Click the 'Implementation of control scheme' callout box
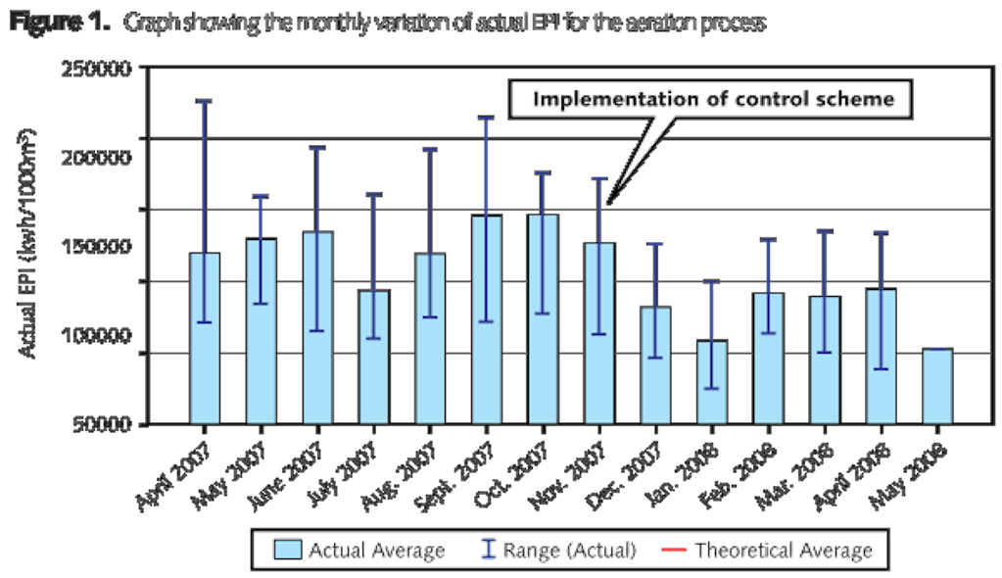coord(712,100)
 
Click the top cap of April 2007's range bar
coord(205,101)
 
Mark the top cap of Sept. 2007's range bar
coord(486,117)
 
